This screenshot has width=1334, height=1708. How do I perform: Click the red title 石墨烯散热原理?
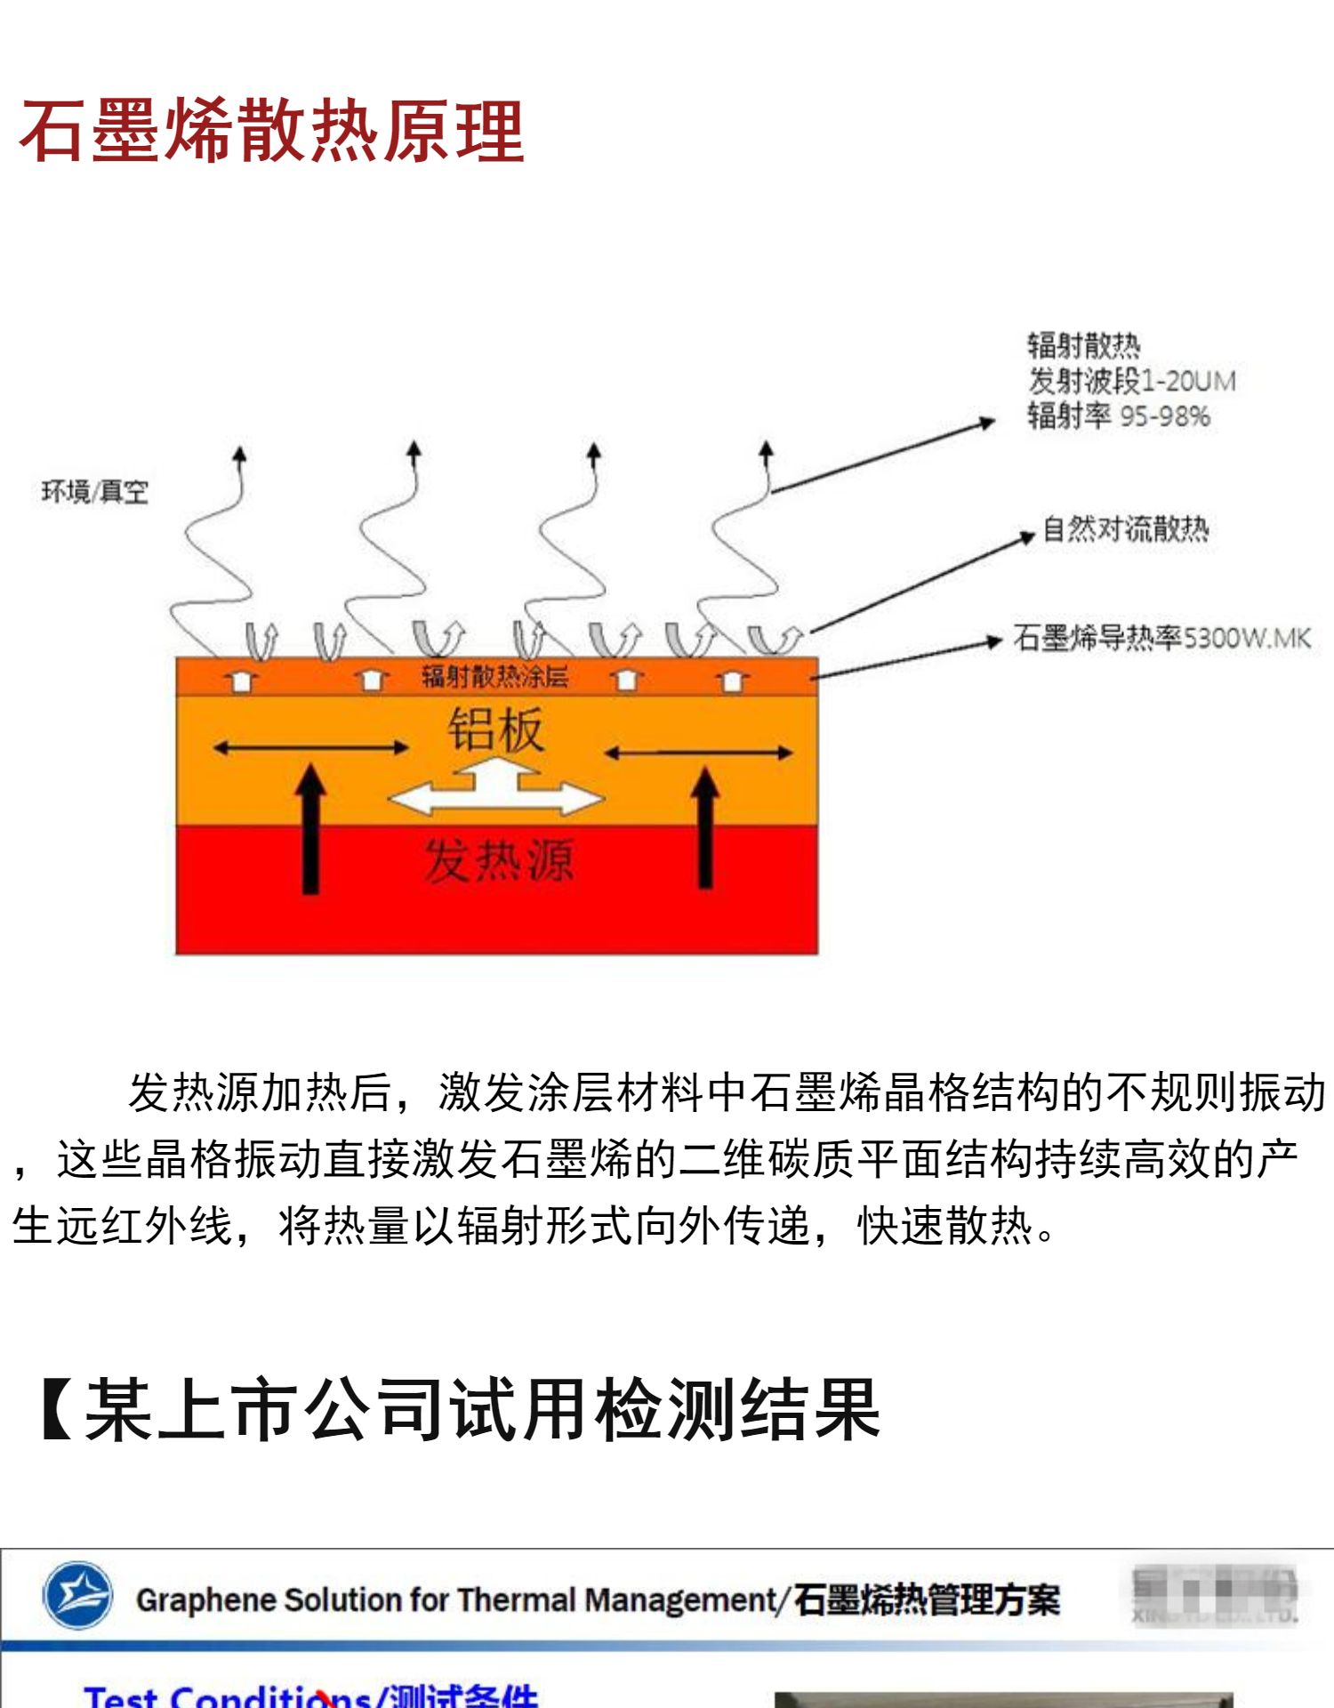click(271, 132)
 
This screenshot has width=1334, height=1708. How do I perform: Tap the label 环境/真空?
click(94, 491)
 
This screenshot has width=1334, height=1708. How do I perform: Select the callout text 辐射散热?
click(1083, 345)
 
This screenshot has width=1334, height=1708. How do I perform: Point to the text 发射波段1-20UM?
click(1131, 381)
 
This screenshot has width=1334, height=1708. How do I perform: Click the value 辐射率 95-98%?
click(1118, 415)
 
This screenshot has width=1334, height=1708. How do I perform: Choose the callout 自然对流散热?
click(1125, 529)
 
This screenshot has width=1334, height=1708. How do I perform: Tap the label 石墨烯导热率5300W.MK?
click(1161, 637)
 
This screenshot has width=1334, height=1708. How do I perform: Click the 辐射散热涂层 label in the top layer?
click(494, 677)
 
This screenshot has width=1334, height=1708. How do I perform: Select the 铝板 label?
click(495, 729)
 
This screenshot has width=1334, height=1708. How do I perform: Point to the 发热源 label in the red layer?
click(498, 860)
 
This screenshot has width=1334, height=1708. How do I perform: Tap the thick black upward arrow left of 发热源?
click(310, 827)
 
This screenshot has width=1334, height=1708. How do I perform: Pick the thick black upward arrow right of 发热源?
click(705, 827)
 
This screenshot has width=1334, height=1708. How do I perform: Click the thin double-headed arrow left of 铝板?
click(310, 748)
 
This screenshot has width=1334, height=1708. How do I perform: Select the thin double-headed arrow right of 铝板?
click(698, 753)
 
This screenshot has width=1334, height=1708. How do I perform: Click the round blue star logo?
click(77, 1595)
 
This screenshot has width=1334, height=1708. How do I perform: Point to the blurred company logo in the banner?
click(1213, 1595)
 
